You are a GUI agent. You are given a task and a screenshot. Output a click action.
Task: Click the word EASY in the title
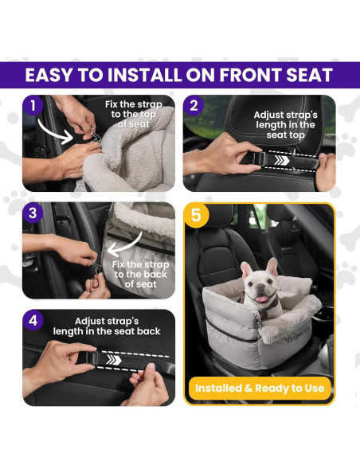click(x=51, y=76)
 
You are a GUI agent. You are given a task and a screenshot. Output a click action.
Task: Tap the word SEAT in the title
click(x=306, y=76)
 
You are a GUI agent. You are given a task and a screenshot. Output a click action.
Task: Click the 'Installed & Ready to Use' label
click(x=260, y=389)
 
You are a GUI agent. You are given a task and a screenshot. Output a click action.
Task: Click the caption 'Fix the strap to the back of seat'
click(x=141, y=274)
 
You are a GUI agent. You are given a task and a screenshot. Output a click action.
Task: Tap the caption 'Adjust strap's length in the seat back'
click(x=107, y=326)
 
